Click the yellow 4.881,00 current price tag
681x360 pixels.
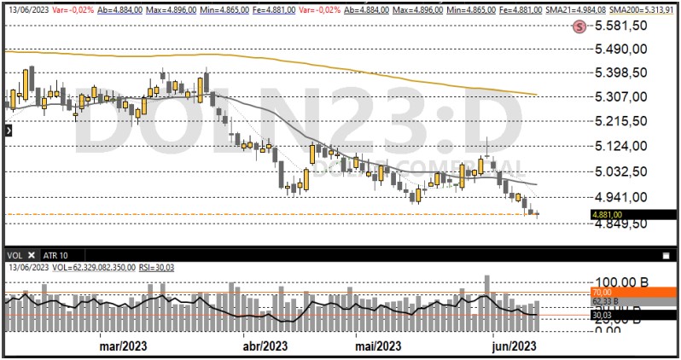(x=606, y=215)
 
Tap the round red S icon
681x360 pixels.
(x=580, y=26)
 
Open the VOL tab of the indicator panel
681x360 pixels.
(x=15, y=255)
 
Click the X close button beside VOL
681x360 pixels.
(x=32, y=255)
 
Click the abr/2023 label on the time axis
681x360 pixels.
(x=265, y=345)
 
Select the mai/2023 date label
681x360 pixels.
(x=377, y=345)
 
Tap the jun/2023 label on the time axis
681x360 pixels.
(x=515, y=345)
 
